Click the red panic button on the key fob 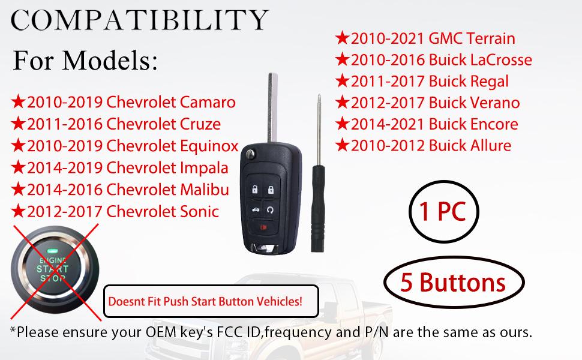pos(265,227)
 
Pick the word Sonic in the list pos(200,211)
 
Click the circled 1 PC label pos(436,212)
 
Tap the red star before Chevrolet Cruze pos(18,124)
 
